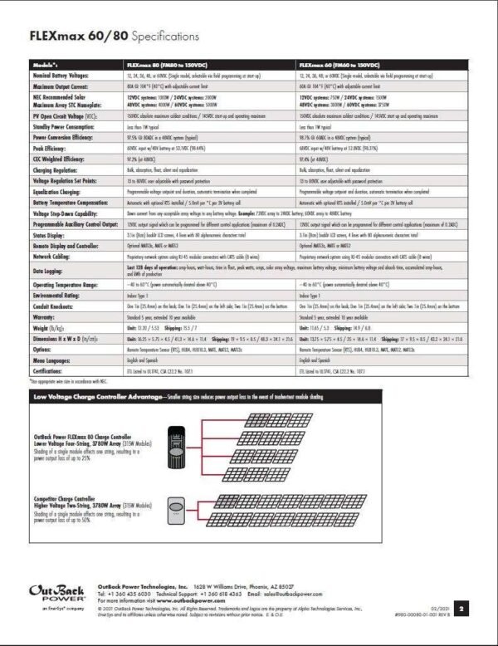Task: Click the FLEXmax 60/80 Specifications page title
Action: [x=114, y=37]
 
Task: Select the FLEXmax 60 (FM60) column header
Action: [x=339, y=64]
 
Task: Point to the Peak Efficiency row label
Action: [x=51, y=146]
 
